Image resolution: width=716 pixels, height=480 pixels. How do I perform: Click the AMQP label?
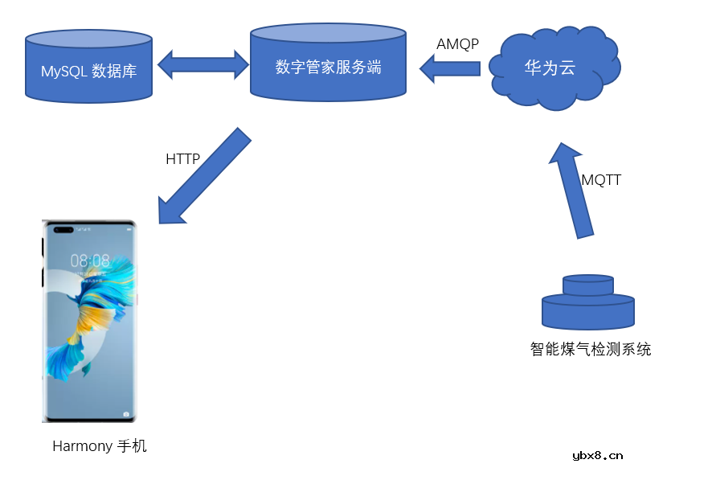(x=457, y=44)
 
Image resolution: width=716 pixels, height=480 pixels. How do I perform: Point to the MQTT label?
(x=601, y=180)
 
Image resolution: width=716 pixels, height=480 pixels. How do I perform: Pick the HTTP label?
(x=182, y=159)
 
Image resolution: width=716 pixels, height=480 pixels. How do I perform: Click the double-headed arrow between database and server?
(x=202, y=65)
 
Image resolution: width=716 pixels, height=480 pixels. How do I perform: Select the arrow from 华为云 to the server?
(x=450, y=68)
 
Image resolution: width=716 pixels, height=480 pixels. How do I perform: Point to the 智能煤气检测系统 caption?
(x=591, y=349)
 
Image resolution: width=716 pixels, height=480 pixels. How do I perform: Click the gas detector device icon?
(x=588, y=303)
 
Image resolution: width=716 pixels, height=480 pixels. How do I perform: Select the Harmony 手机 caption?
(x=100, y=446)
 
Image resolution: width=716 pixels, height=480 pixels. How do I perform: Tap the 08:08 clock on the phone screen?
(x=90, y=261)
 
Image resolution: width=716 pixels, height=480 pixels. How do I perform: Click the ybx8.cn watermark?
(x=597, y=456)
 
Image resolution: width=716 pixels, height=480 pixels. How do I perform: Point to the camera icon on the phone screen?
(x=126, y=414)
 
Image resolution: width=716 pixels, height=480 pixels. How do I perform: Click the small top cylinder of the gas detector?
(x=588, y=285)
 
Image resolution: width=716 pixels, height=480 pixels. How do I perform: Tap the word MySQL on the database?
(x=64, y=72)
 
